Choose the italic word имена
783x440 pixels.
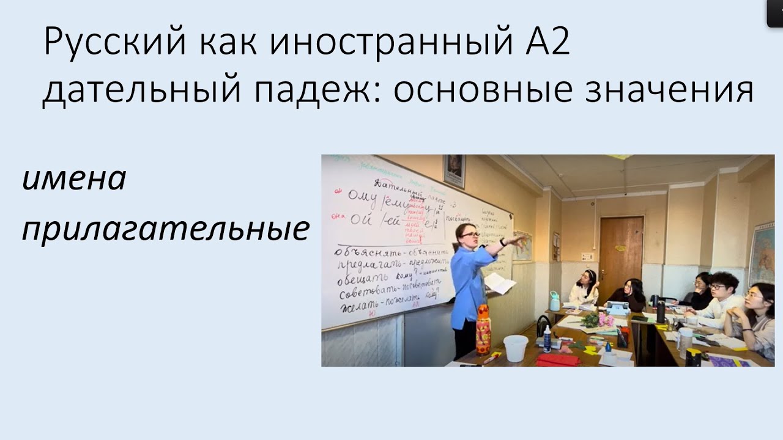coord(74,180)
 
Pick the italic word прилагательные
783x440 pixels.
coord(165,230)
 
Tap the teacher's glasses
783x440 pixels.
coord(470,235)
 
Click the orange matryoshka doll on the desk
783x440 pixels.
coord(483,330)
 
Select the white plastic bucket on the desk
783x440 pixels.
coord(515,348)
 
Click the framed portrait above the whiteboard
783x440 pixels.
coord(454,170)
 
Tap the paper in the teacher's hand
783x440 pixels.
coord(499,283)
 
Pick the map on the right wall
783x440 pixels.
coord(762,254)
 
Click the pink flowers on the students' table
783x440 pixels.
coord(605,319)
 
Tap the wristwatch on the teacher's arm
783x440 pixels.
coord(502,243)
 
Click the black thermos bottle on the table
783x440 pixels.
coord(661,311)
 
